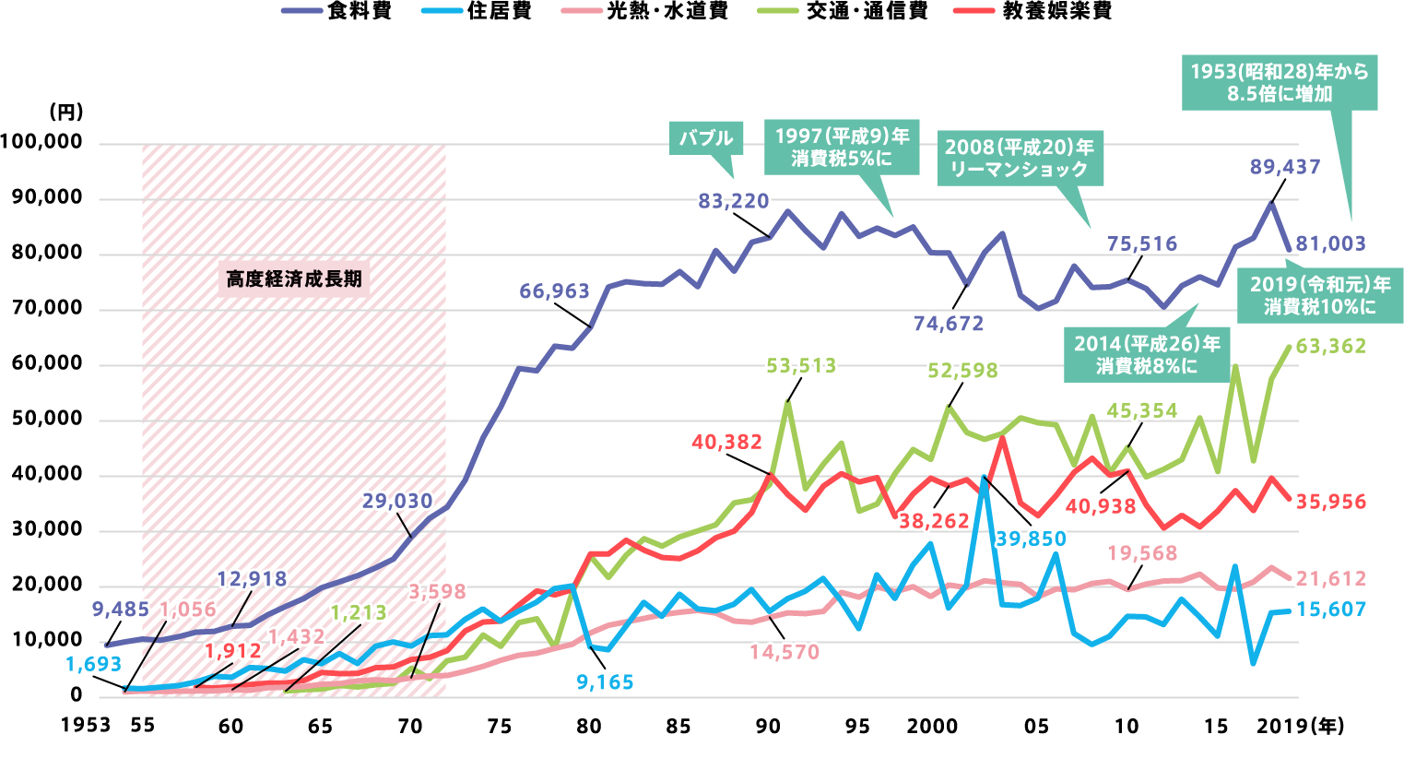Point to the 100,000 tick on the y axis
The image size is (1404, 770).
pos(41,143)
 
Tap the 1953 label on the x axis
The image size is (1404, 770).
pos(86,726)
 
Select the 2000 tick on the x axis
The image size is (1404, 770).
pos(932,726)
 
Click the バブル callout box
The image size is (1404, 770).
pos(706,138)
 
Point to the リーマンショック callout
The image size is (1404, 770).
pos(1019,158)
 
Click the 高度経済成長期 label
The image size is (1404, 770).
pos(294,278)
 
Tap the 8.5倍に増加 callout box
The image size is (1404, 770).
pos(1280,82)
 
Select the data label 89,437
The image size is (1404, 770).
pos(1285,167)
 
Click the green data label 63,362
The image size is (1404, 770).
pos(1330,347)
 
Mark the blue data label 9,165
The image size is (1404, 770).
pos(605,682)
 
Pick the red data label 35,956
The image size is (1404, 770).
pos(1330,503)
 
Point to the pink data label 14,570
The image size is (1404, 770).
pos(785,652)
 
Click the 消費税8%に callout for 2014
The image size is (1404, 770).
pos(1147,355)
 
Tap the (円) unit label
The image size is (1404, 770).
pos(65,113)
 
